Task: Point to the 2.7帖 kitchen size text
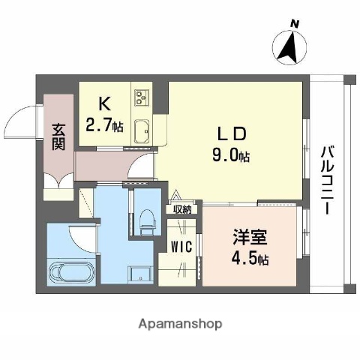[104, 125]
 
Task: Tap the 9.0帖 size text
[233, 155]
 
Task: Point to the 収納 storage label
[182, 210]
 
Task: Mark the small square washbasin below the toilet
[139, 274]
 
